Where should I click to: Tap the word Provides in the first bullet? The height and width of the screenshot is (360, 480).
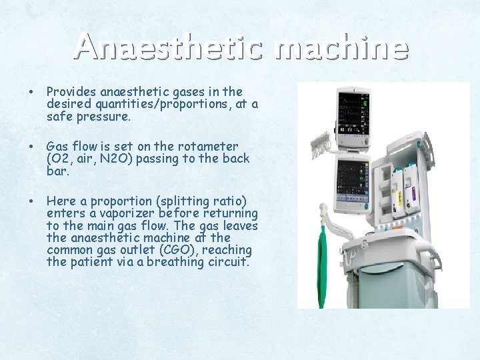(x=71, y=91)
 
